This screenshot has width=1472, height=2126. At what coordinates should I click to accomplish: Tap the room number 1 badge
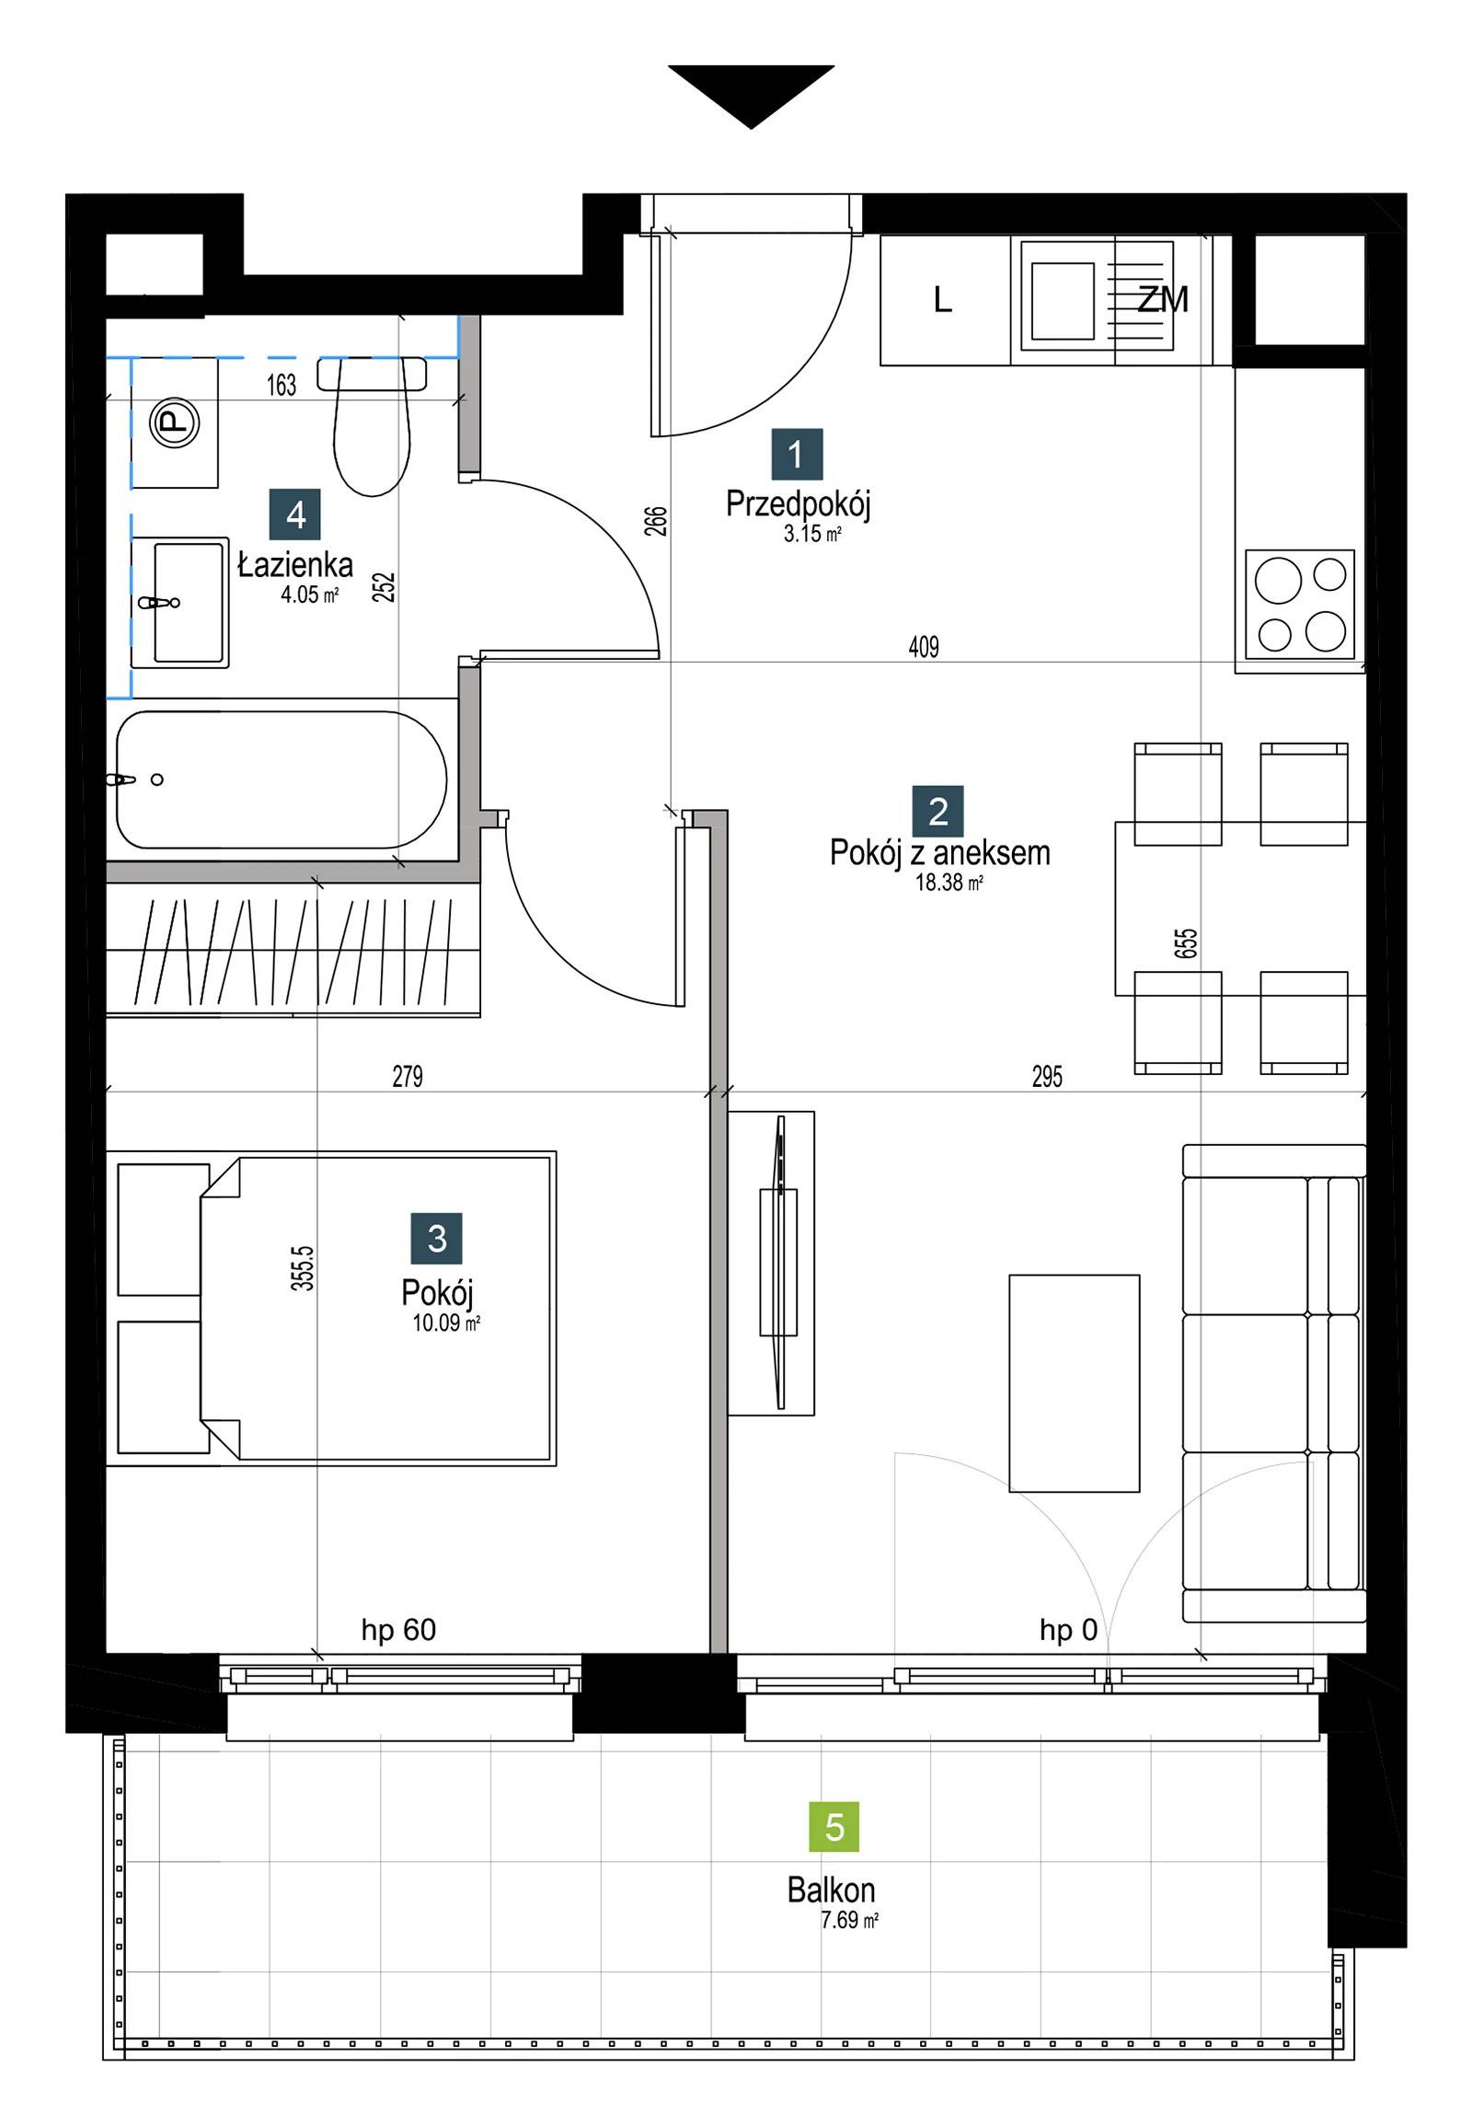[797, 454]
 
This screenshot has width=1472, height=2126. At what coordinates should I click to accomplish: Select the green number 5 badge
[834, 1826]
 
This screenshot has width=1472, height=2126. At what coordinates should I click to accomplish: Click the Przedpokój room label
[798, 503]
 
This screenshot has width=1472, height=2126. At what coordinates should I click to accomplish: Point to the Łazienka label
[295, 565]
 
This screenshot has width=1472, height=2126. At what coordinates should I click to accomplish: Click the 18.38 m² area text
[949, 882]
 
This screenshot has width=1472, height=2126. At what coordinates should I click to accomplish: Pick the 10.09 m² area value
[446, 1323]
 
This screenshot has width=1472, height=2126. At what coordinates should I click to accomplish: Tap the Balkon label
[831, 1890]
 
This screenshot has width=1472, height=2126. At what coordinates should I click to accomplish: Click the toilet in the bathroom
[372, 426]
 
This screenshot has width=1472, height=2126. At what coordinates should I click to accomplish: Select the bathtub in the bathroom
[282, 780]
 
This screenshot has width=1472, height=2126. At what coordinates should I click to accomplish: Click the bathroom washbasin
[179, 603]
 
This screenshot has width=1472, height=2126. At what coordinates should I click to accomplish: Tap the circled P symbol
[173, 423]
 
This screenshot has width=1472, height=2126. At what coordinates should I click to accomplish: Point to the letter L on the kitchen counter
[942, 299]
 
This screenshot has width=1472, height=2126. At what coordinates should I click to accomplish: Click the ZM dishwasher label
[1162, 299]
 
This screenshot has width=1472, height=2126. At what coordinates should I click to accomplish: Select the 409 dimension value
[924, 647]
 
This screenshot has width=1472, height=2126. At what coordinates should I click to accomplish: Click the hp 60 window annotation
[398, 1631]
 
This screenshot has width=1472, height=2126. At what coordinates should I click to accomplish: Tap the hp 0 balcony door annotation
[1068, 1631]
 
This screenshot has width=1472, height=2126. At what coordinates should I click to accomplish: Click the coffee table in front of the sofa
[1074, 1383]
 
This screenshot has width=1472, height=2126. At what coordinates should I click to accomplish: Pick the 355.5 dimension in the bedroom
[305, 1268]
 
